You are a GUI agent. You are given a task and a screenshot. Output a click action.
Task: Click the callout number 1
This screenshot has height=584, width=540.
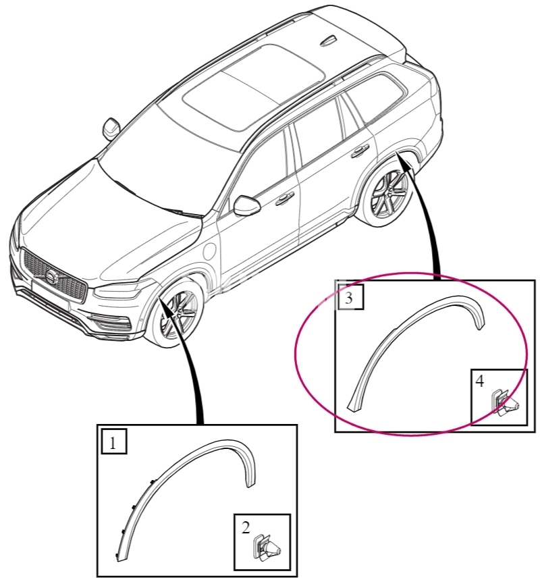coord(113,443)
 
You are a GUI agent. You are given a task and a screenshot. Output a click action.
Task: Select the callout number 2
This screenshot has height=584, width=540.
coord(246,528)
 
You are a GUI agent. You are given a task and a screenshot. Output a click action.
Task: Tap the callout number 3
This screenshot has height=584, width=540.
coord(348,298)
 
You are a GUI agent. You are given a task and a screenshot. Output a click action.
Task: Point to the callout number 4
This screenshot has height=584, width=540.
coord(480,381)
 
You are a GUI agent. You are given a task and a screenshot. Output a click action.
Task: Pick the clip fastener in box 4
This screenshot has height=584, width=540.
coord(504,403)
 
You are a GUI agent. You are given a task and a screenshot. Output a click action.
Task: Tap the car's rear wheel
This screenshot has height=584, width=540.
coord(385,194)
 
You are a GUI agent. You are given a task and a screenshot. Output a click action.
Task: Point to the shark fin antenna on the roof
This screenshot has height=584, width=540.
coord(328,41)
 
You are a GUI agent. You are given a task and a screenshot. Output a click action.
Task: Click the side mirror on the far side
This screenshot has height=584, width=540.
coord(111,129)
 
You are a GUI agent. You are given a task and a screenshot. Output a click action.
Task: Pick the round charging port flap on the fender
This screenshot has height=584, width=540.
coord(210,252)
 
